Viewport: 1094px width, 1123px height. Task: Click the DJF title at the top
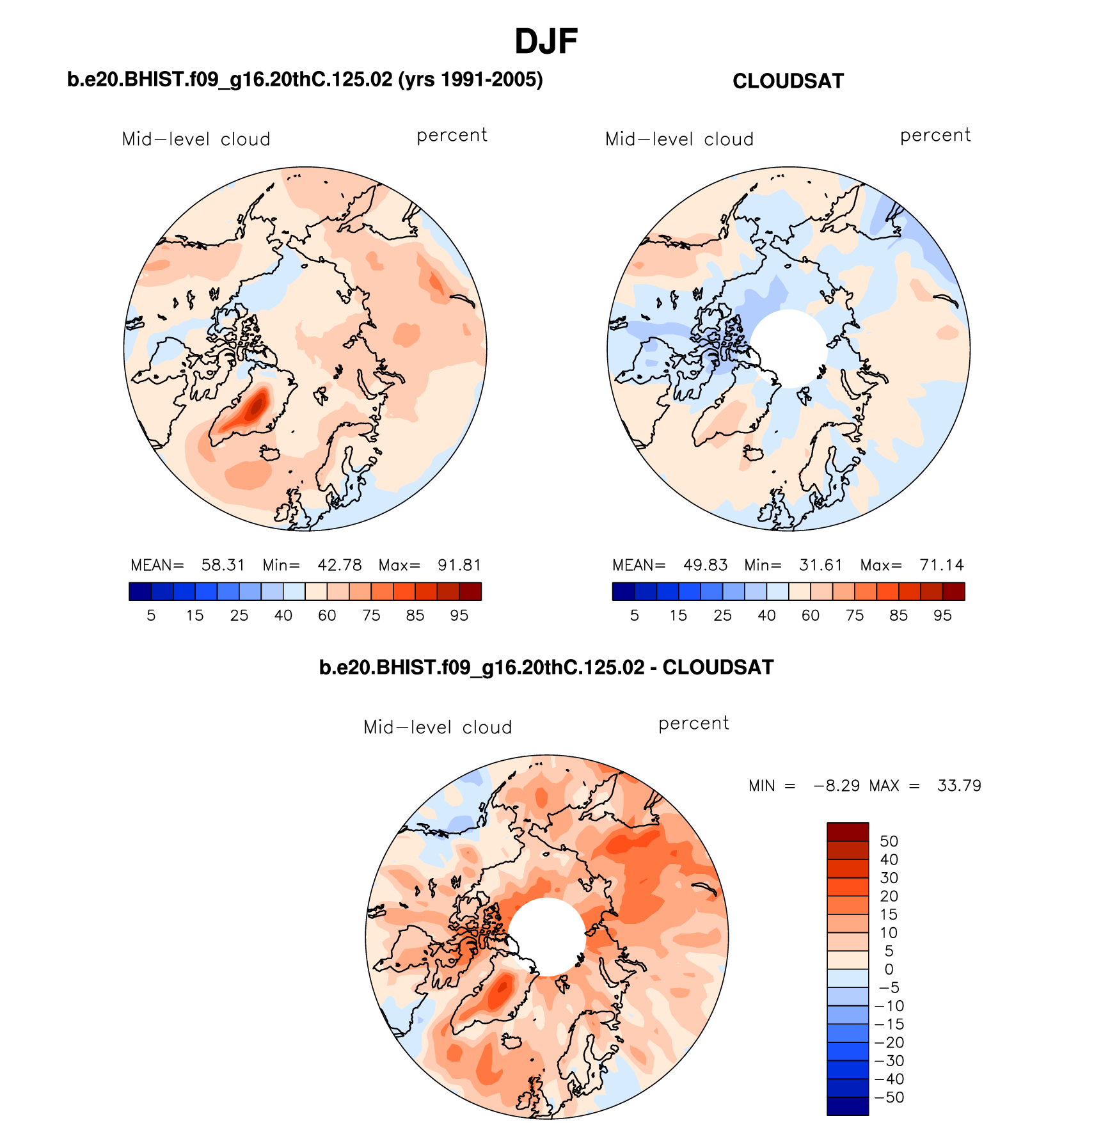(546, 42)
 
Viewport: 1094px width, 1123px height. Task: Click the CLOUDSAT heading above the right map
(788, 81)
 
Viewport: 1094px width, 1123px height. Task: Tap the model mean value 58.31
(223, 565)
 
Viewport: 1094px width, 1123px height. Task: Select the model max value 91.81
(459, 565)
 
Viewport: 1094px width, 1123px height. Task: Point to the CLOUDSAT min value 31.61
(820, 565)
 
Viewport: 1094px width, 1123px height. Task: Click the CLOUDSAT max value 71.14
(941, 565)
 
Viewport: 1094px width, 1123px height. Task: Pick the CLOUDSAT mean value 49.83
(705, 565)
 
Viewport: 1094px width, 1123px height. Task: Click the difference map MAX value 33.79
(958, 786)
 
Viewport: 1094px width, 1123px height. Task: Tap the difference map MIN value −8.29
(836, 786)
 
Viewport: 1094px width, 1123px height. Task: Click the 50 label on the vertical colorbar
(889, 841)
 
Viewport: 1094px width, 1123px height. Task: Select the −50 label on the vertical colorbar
(889, 1097)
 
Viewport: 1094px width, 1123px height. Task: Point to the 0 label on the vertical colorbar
(889, 969)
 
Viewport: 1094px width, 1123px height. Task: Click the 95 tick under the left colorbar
(459, 616)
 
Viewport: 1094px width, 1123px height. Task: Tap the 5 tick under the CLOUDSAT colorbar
(634, 616)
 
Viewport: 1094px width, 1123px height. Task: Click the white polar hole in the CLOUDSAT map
(789, 347)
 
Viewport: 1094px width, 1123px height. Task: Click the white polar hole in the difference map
(547, 936)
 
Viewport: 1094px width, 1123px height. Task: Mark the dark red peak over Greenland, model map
(258, 405)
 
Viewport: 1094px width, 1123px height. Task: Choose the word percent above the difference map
(694, 724)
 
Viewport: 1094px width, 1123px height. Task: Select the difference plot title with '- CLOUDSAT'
(546, 667)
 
